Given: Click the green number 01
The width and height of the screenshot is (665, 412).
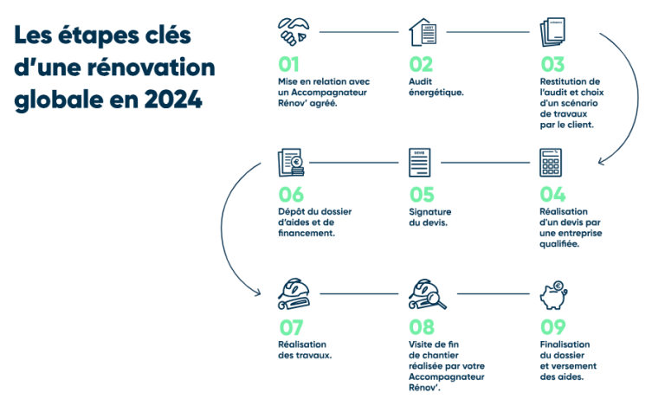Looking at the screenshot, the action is point(288,64).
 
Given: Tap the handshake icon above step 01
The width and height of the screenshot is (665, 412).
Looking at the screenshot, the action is point(294,32).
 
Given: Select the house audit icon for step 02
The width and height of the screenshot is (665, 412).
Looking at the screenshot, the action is point(423,32).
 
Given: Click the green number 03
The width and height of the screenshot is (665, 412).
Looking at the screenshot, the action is point(552,64).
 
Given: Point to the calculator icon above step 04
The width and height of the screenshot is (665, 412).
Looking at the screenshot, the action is point(551,163).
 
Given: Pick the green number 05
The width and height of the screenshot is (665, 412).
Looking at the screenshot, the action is point(422,195).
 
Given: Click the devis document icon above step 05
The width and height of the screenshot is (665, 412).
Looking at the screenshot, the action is point(419,163).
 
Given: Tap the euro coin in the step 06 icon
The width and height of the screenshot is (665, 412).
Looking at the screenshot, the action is point(297,162).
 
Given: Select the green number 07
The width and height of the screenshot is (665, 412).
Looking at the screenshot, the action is point(291,328).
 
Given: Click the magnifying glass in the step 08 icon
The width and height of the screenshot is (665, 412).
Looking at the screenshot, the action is point(436,300).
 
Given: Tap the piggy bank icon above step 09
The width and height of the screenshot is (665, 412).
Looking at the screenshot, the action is point(553,295).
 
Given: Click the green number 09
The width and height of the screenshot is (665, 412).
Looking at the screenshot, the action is point(553,327).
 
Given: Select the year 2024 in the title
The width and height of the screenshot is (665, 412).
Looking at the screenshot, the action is point(173,100).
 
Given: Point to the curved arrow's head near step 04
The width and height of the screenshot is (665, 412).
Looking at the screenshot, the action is point(602,162).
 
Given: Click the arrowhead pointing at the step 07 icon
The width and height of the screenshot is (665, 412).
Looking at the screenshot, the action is point(257,293).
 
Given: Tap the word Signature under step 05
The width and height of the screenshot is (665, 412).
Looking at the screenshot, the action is point(430,212).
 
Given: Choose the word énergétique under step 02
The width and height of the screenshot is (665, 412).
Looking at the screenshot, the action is point(436,93).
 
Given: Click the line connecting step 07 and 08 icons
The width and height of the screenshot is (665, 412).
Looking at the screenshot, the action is point(359,293).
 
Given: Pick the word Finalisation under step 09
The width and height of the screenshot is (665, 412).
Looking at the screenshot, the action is point(565,344).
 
